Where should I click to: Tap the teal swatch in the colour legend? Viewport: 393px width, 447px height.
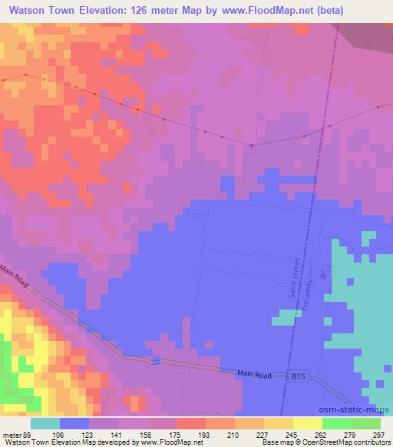45,423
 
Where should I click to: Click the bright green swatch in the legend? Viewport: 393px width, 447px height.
336,423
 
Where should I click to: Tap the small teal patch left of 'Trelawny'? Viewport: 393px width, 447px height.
286,315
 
